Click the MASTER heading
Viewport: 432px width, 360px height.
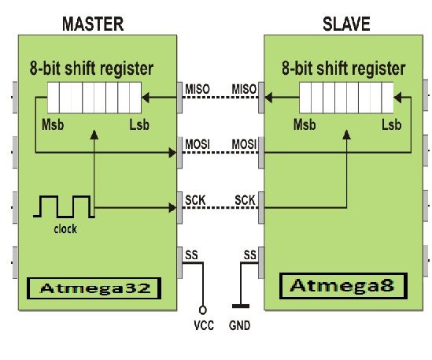(x=93, y=23)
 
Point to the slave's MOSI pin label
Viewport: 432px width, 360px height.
(x=244, y=144)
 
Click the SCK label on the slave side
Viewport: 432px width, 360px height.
(x=246, y=200)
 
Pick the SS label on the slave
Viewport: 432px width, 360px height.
(x=250, y=255)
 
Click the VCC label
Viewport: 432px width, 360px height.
(x=204, y=325)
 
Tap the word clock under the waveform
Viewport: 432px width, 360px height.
(x=65, y=230)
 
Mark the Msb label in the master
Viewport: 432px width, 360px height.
(x=50, y=124)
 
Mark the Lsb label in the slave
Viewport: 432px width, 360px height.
(x=390, y=124)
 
